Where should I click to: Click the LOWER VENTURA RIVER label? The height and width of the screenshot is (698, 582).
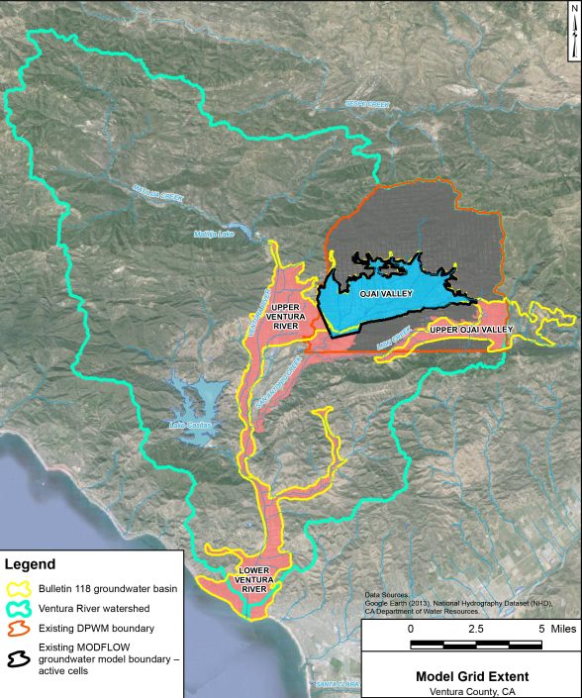255,580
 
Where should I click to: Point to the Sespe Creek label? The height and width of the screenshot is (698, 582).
367,103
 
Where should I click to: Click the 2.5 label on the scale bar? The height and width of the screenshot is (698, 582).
474,630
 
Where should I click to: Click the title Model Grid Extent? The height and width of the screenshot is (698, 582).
465,677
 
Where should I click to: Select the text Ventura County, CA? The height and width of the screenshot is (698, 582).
465,691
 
